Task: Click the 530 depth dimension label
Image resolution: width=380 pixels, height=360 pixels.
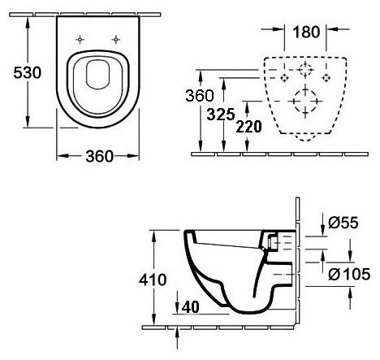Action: point(28,72)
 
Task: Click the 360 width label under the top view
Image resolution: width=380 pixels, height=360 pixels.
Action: point(99,157)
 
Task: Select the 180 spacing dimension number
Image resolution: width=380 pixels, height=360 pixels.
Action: point(306,32)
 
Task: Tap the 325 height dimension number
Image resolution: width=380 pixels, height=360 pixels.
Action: point(221,115)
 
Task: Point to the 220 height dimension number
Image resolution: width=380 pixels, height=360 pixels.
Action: point(248,127)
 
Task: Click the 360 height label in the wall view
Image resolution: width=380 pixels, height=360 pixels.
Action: point(200,96)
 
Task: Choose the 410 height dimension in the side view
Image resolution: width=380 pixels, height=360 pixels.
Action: point(153,280)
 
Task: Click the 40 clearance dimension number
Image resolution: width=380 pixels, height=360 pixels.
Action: point(191,307)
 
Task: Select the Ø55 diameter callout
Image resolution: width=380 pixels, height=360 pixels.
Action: point(343,223)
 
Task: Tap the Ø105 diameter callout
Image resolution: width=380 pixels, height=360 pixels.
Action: point(349,274)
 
